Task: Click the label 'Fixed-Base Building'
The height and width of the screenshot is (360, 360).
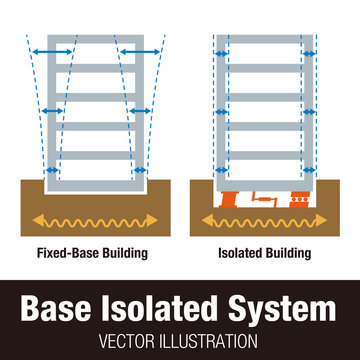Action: (91, 253)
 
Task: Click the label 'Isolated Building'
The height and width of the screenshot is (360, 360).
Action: (264, 253)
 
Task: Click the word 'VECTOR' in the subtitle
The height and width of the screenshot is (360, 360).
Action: (134, 338)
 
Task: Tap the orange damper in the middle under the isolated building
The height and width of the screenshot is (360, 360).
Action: (264, 197)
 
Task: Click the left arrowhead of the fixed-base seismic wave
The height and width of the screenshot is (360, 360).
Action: (38, 219)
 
